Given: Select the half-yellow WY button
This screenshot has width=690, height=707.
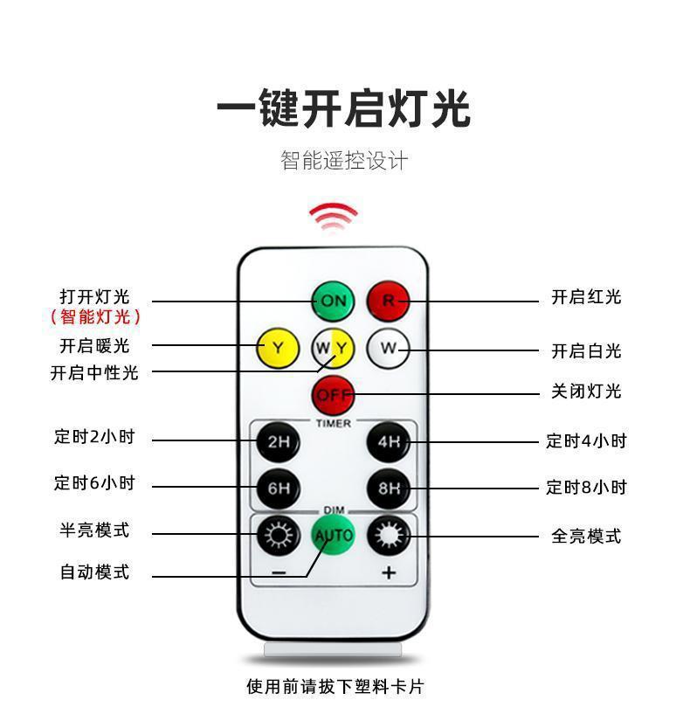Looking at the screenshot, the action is (333, 349).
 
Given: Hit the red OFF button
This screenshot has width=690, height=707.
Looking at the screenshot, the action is (333, 395).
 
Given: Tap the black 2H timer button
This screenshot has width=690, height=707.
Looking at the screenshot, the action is (278, 441).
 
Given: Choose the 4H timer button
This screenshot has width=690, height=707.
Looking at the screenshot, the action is (388, 441).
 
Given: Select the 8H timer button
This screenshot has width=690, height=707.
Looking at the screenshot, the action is (388, 488).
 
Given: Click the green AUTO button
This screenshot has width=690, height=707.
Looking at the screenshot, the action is (333, 534).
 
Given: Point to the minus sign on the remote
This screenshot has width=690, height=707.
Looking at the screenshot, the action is (278, 573).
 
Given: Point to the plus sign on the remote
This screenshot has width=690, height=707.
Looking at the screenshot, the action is (389, 573).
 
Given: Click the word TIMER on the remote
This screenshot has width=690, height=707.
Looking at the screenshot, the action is (333, 423).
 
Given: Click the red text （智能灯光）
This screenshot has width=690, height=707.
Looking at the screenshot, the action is (95, 316).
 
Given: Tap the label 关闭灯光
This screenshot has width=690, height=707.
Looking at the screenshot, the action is (585, 392).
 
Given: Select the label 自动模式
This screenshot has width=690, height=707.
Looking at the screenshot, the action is (94, 572).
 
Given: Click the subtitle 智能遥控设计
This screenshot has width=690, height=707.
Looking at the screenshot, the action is (344, 161).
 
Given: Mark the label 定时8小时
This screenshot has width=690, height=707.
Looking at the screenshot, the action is (586, 487).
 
